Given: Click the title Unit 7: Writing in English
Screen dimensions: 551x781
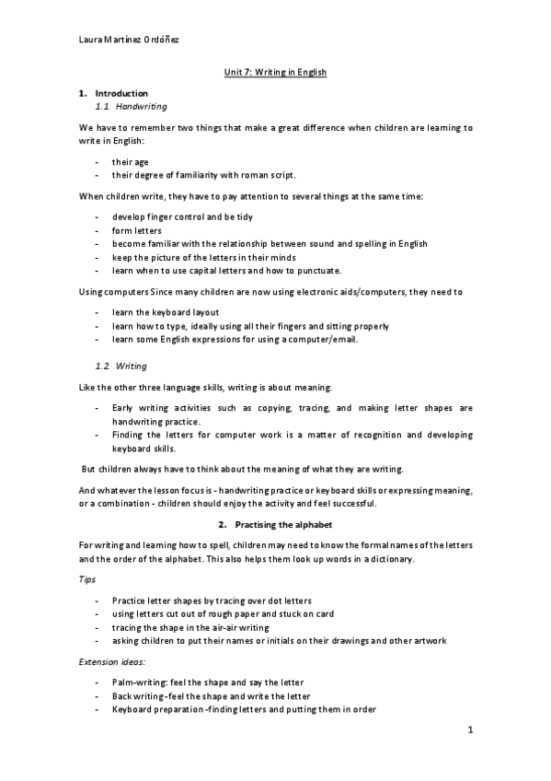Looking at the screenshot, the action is click(275, 71).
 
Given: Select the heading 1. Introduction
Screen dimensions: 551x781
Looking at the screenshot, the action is click(113, 93).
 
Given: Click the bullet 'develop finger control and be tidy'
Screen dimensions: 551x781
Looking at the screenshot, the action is click(182, 216).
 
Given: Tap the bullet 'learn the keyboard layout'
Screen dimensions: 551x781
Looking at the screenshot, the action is click(166, 312).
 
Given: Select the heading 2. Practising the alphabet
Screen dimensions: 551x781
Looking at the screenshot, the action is click(275, 523).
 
